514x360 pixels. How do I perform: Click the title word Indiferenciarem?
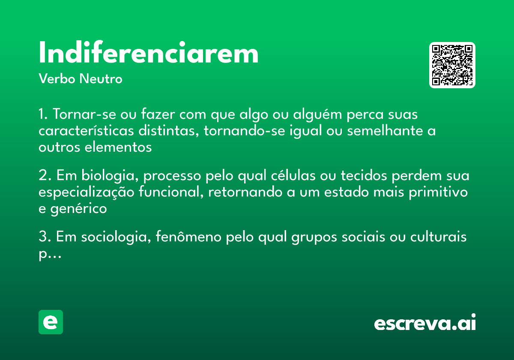pyautogui.click(x=149, y=54)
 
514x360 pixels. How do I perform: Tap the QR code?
pyautogui.click(x=452, y=65)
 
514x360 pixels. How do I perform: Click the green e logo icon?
pyautogui.click(x=51, y=322)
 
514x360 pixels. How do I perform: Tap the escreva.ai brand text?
pyautogui.click(x=425, y=324)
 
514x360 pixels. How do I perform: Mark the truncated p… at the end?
pyautogui.click(x=50, y=254)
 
